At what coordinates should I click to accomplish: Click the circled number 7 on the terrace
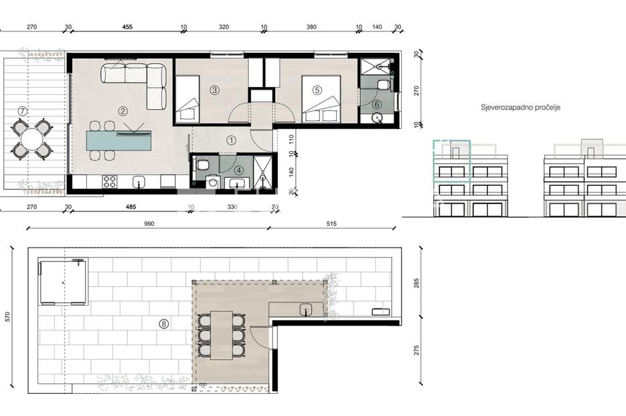(x=23, y=112)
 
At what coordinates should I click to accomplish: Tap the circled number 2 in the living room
(x=123, y=111)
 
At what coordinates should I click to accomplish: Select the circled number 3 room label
(x=214, y=90)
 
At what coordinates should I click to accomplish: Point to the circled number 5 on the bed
(x=317, y=90)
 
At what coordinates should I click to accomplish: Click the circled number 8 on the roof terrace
(x=163, y=324)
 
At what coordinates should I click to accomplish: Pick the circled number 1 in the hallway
(x=231, y=140)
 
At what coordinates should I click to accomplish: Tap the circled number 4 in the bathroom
(x=239, y=171)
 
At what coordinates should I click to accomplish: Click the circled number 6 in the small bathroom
(x=377, y=104)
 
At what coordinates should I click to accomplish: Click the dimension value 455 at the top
(x=127, y=27)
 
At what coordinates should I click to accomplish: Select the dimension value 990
(x=149, y=224)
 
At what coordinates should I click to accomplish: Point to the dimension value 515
(x=331, y=224)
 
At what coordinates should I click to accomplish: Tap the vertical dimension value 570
(x=8, y=317)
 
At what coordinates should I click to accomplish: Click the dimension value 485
(x=131, y=207)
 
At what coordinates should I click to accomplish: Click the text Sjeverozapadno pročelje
(x=520, y=107)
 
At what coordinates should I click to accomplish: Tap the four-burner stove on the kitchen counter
(x=109, y=182)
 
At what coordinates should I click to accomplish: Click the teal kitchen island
(x=119, y=140)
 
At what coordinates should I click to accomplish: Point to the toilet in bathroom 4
(x=202, y=165)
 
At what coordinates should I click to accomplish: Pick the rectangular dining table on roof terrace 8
(x=222, y=335)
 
